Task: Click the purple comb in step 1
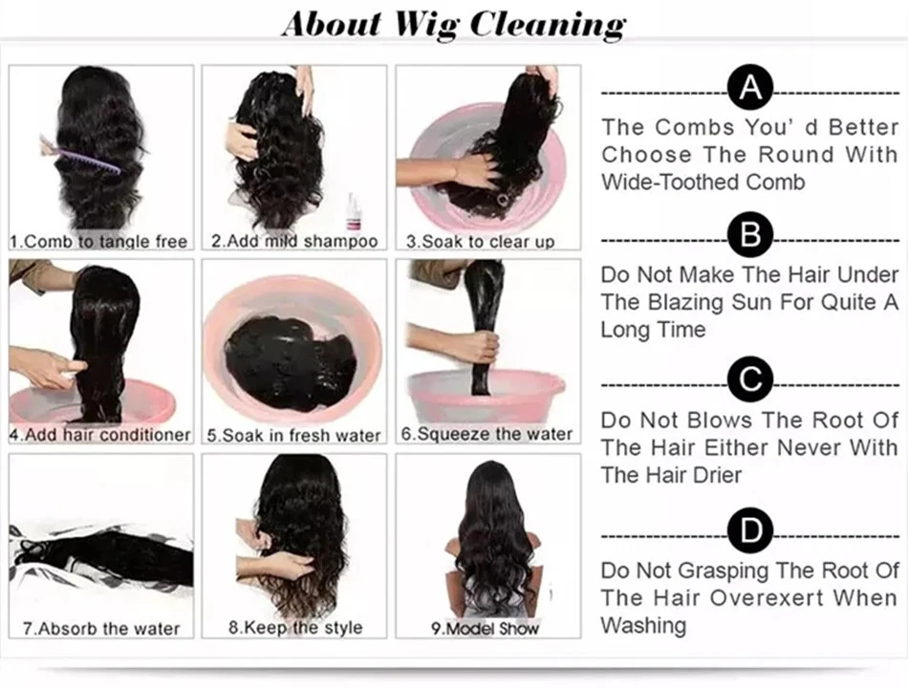coord(80,155)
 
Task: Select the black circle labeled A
coord(750,88)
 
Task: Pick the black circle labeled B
coord(750,235)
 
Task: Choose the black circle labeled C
coord(750,379)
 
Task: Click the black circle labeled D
coord(750,530)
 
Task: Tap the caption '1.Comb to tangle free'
coord(99,242)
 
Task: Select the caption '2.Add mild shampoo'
coord(294,241)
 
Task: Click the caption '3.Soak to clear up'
coord(481,242)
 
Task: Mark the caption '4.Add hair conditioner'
coord(100,435)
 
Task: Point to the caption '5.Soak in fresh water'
coord(294,435)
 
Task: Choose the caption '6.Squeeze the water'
coord(487,434)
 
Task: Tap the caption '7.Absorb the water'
coord(101,629)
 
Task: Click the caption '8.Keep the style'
coord(295,627)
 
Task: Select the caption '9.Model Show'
coord(486,629)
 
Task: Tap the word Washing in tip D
coord(643,626)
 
